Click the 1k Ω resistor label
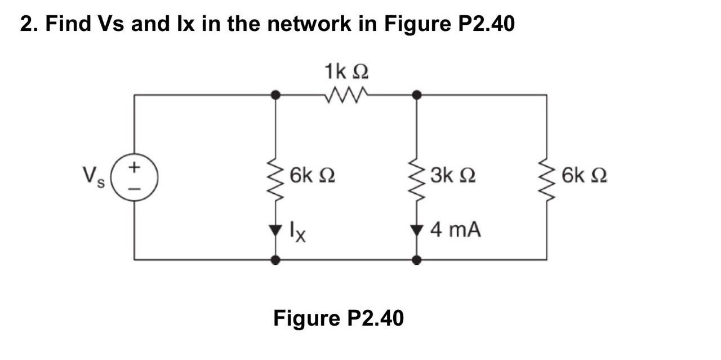click(x=346, y=73)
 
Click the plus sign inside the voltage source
click(x=134, y=167)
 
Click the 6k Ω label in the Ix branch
click(x=313, y=176)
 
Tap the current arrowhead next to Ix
click(x=275, y=229)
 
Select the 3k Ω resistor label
click(x=453, y=176)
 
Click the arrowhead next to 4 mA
click(x=417, y=229)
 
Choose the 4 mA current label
click(x=456, y=230)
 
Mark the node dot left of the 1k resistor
click(x=275, y=95)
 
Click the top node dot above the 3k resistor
click(x=417, y=95)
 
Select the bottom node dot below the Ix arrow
click(x=275, y=260)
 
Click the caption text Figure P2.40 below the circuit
click(x=339, y=318)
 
